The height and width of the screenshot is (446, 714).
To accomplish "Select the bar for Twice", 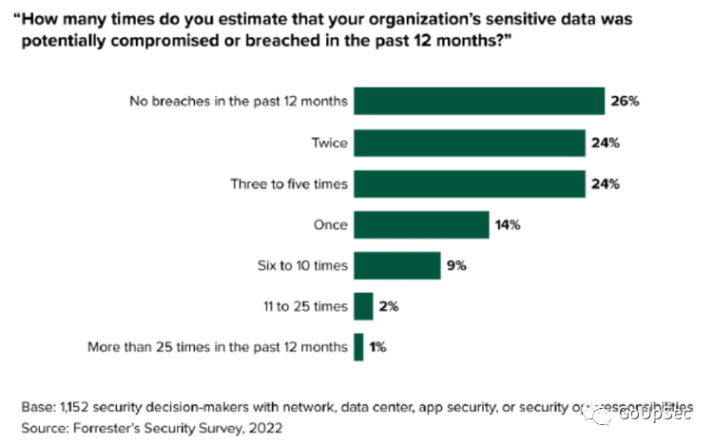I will click(x=469, y=143).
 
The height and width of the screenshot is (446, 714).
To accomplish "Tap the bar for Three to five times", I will click(x=469, y=184).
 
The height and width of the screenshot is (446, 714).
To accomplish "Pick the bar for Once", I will click(x=420, y=225).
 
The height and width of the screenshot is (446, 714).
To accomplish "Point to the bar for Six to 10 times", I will click(x=396, y=266).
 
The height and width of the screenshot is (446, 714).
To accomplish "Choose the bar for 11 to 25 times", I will click(x=362, y=307).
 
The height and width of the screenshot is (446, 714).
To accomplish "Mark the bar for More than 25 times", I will click(x=357, y=348).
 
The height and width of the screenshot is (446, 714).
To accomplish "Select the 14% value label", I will click(x=508, y=225).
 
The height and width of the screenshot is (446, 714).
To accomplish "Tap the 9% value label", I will click(x=456, y=266).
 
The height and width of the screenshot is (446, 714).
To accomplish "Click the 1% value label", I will click(x=377, y=348).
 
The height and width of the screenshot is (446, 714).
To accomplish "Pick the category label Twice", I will click(x=328, y=143).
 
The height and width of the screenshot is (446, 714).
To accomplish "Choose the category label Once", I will click(x=329, y=225).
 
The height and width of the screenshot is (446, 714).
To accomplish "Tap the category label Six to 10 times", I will click(x=302, y=266).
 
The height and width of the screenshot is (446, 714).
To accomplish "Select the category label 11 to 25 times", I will click(x=304, y=307).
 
